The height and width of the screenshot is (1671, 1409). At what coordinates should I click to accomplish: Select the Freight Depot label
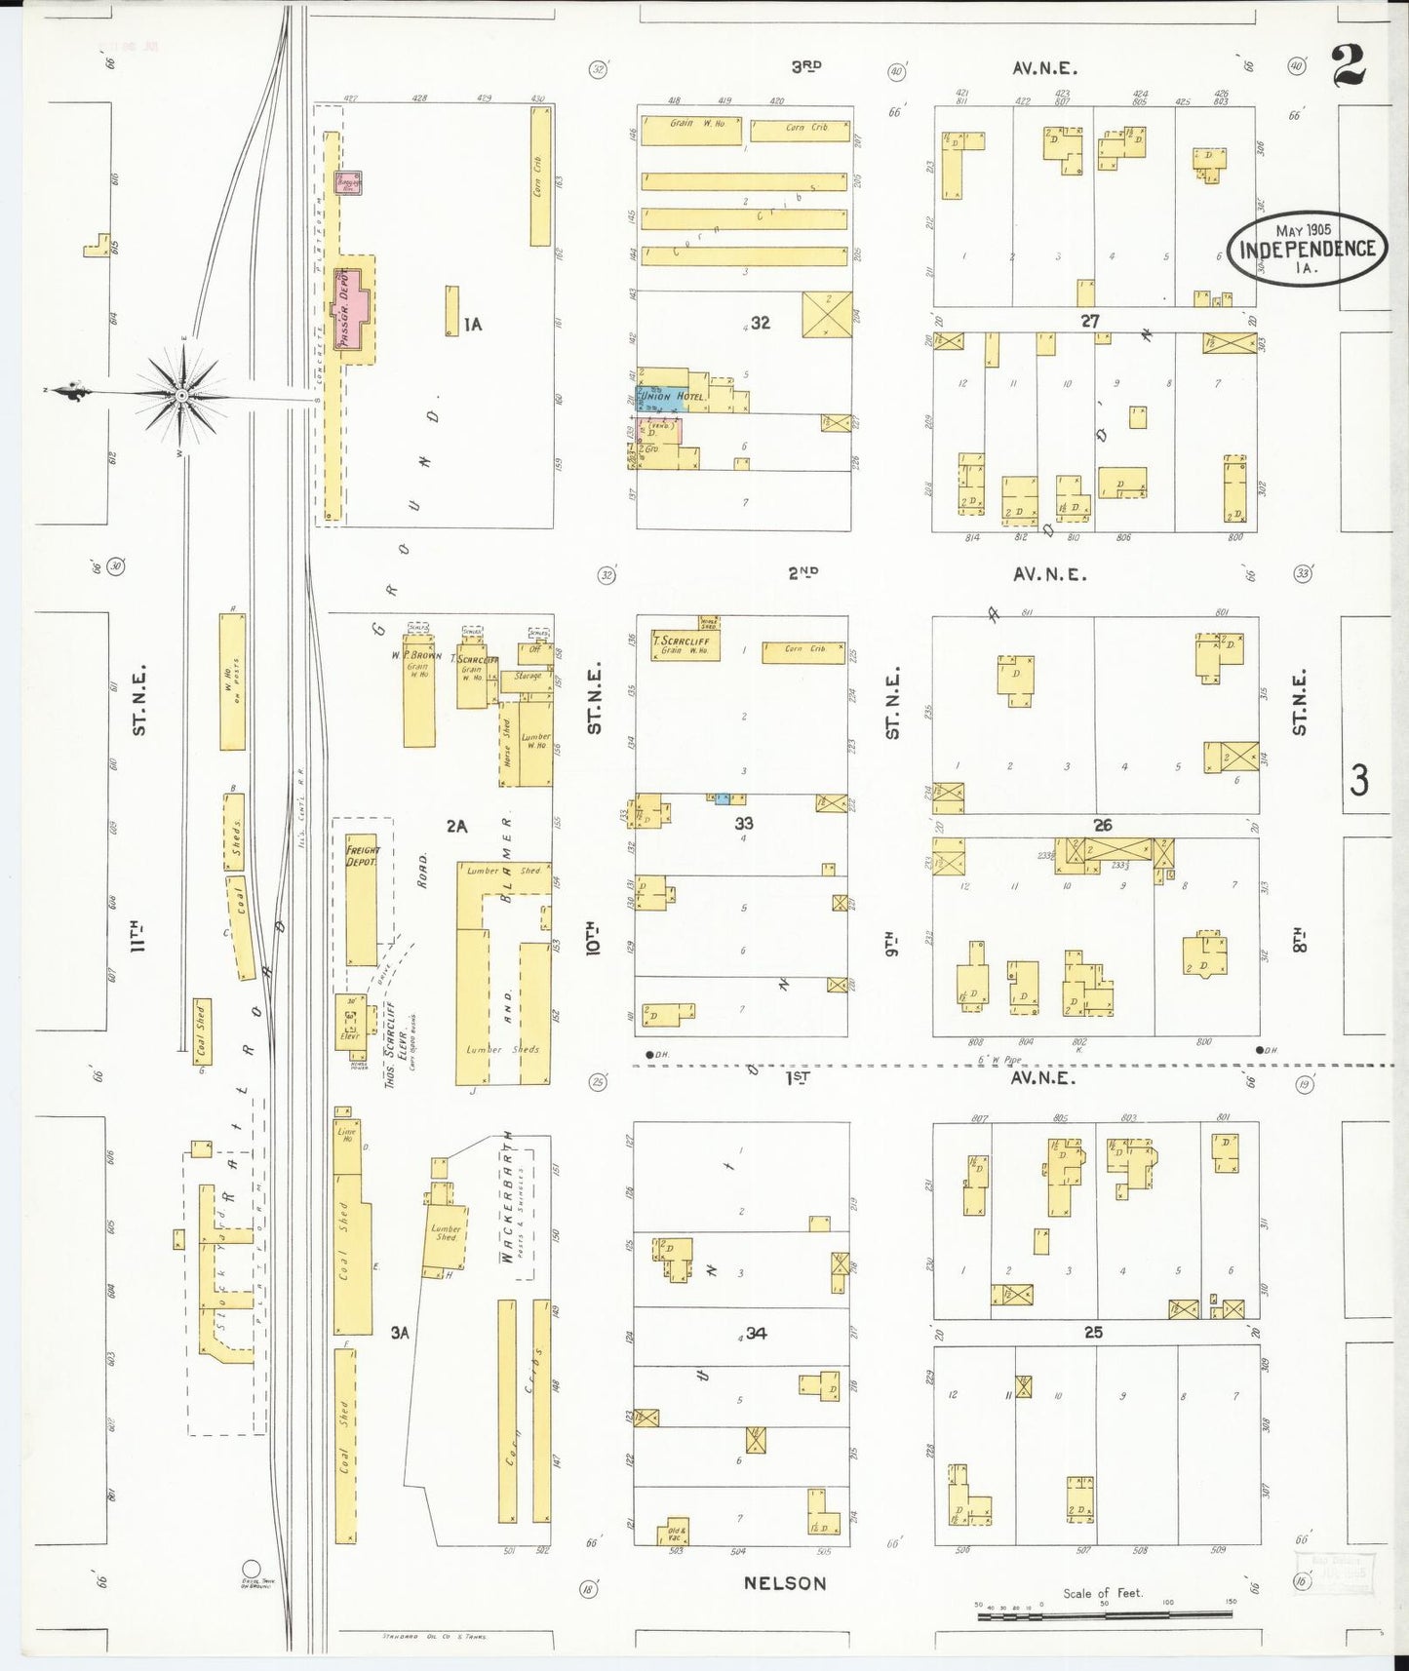pyautogui.click(x=361, y=856)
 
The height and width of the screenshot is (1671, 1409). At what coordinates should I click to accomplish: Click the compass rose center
pyautogui.click(x=181, y=395)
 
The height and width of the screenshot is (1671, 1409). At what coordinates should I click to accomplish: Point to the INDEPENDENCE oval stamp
pyautogui.click(x=1307, y=248)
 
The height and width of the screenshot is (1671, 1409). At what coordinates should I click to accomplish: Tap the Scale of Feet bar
pyautogui.click(x=1104, y=1615)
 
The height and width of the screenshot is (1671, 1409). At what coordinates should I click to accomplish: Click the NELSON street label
pyautogui.click(x=784, y=1583)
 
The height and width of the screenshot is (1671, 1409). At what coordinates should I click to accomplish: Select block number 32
pyautogui.click(x=760, y=323)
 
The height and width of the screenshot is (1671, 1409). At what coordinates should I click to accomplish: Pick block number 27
pyautogui.click(x=1089, y=321)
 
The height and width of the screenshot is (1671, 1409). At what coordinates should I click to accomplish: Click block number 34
pyautogui.click(x=756, y=1333)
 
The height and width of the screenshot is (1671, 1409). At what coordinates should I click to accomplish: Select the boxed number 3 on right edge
pyautogui.click(x=1359, y=780)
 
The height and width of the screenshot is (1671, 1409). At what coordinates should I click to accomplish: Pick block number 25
pyautogui.click(x=1093, y=1332)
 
